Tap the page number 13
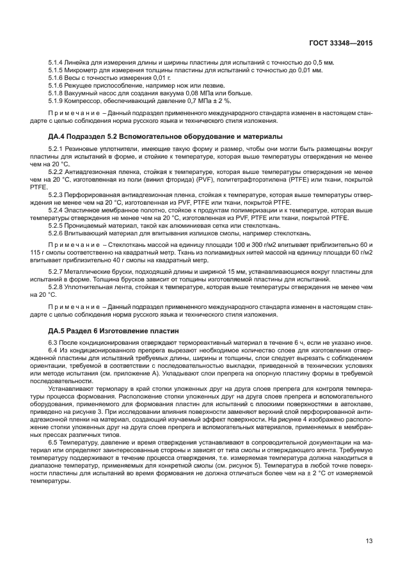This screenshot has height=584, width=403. [x=368, y=542]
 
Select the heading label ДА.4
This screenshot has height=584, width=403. [x=58, y=136]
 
